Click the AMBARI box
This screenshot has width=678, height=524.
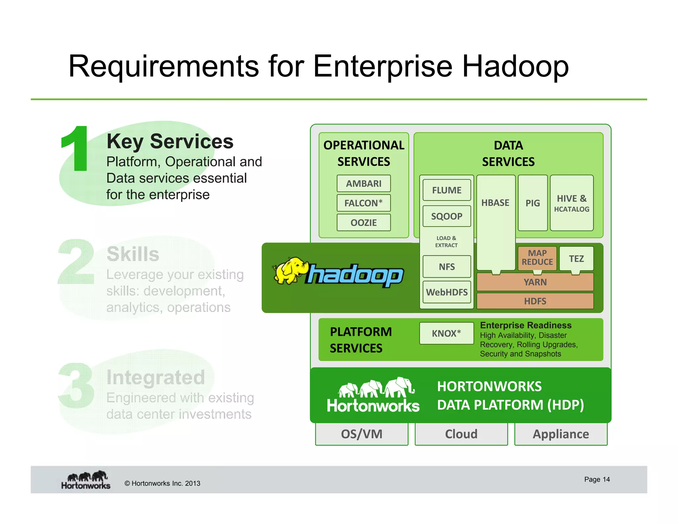[x=363, y=183]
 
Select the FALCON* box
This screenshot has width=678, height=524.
[x=363, y=203]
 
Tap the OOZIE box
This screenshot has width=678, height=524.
[x=363, y=223]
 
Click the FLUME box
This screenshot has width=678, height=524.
[x=447, y=190]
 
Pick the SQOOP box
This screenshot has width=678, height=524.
[x=447, y=216]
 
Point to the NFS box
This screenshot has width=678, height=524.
[x=447, y=267]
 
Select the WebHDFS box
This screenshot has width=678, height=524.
[x=447, y=292]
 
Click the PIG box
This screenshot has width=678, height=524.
[x=532, y=203]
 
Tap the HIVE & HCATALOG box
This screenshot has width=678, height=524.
[x=571, y=203]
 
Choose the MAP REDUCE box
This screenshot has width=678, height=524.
[x=537, y=258]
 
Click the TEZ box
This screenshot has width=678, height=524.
[x=576, y=258]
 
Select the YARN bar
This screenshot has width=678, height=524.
[x=535, y=282]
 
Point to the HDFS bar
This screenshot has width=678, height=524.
[x=535, y=301]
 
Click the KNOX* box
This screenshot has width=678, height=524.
[x=446, y=333]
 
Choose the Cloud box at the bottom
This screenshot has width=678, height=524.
[x=461, y=434]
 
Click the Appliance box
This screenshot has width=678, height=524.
[x=561, y=434]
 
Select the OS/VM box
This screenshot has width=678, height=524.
[x=362, y=434]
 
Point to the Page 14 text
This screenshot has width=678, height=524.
[x=597, y=479]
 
